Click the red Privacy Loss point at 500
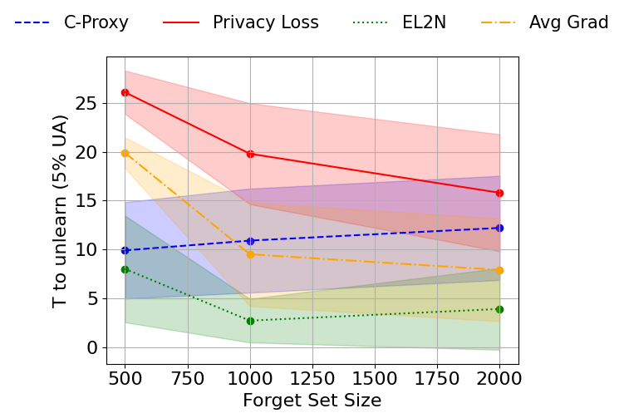125,92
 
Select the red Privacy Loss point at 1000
250,154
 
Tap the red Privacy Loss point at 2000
499,193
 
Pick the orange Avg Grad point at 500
125,153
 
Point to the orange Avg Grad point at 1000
250,254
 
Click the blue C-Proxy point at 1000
250,241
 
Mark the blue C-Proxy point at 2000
499,228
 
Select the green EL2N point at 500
125,269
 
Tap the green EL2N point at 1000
250,321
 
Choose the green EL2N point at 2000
499,309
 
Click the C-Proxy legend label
96,22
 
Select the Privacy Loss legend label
265,22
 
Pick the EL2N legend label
424,22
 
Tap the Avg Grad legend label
568,22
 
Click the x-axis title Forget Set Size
312,401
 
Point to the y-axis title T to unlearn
60,211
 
